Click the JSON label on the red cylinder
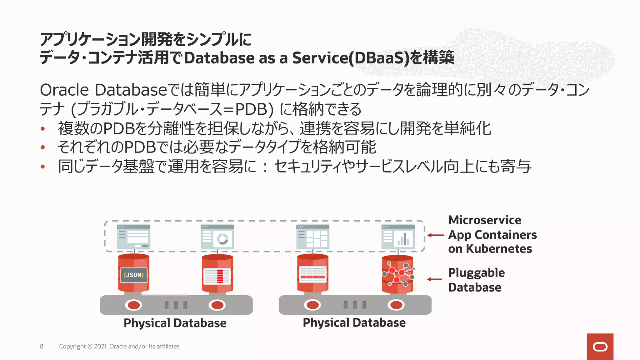(134, 275)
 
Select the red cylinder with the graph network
(397, 274)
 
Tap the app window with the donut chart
(217, 237)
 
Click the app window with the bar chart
(398, 237)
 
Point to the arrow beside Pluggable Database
(434, 279)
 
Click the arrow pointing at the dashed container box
(435, 235)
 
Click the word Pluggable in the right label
(476, 273)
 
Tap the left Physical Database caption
(175, 323)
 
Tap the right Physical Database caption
(354, 323)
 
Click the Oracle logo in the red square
(600, 347)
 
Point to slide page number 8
(42, 346)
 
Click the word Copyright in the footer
(72, 346)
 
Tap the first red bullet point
(43, 129)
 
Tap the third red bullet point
(43, 167)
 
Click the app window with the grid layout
(313, 237)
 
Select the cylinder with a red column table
(217, 274)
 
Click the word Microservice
(484, 220)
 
